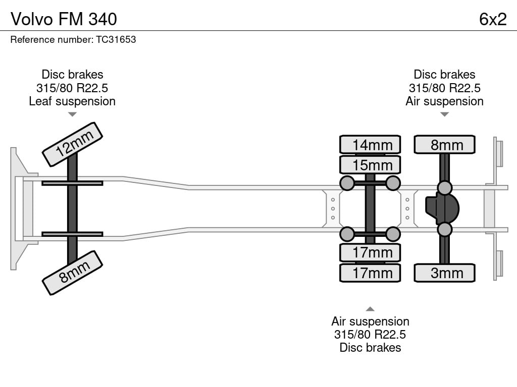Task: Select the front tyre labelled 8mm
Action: pyautogui.click(x=73, y=273)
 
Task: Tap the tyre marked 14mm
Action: pyautogui.click(x=370, y=145)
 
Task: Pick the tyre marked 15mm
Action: pyautogui.click(x=370, y=165)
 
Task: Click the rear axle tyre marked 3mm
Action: pyautogui.click(x=444, y=273)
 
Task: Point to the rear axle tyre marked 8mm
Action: pyautogui.click(x=444, y=145)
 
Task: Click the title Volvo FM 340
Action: pyautogui.click(x=64, y=19)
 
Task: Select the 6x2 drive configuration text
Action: pyautogui.click(x=493, y=19)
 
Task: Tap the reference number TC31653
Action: pyautogui.click(x=116, y=39)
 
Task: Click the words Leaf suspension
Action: pyautogui.click(x=72, y=101)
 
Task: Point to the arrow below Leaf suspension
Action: pyautogui.click(x=72, y=114)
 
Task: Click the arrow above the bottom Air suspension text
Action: pyautogui.click(x=370, y=309)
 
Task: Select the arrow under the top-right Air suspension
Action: pyautogui.click(x=444, y=114)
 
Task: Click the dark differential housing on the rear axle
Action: pyautogui.click(x=442, y=209)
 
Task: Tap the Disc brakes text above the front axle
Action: pyautogui.click(x=72, y=75)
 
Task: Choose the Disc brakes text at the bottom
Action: pyautogui.click(x=370, y=348)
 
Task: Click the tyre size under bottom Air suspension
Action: pyautogui.click(x=370, y=335)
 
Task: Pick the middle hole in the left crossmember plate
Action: pyautogui.click(x=333, y=209)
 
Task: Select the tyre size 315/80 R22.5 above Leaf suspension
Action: pyautogui.click(x=72, y=88)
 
